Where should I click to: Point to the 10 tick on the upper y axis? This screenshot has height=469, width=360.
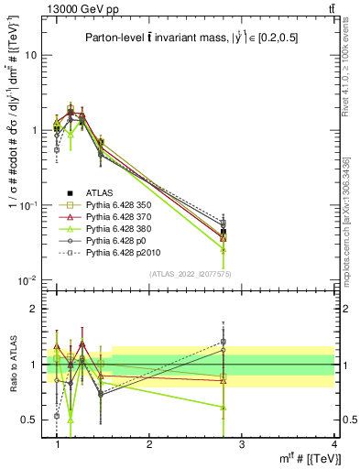click(x=30, y=55)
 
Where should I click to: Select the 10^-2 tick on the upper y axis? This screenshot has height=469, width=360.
click(x=28, y=279)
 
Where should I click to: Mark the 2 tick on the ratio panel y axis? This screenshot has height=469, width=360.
click(x=34, y=309)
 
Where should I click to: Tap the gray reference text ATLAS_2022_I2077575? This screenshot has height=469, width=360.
click(x=190, y=273)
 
